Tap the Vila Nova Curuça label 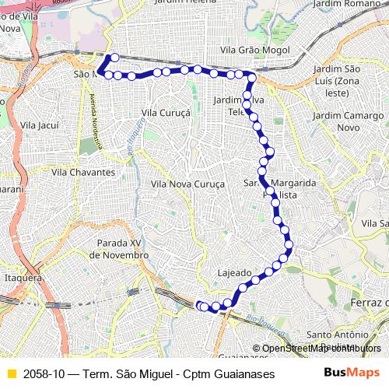[187, 184]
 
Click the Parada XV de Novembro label [118, 249]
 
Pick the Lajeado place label [234, 273]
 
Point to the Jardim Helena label [185, 3]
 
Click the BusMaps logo [352, 373]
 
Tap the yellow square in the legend [11, 373]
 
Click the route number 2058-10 [45, 373]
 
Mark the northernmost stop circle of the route [114, 57]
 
